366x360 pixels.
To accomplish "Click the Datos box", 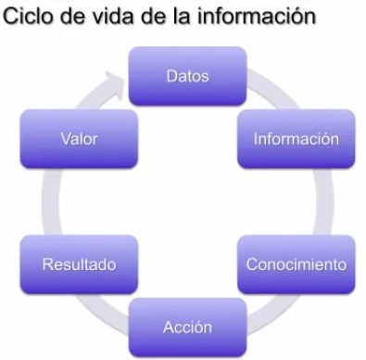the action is point(187,75).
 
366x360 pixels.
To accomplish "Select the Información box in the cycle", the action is point(296,139).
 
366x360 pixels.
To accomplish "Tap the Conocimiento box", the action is point(296,264).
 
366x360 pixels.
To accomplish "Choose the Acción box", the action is point(187,328).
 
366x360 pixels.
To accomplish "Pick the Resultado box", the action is point(79,264).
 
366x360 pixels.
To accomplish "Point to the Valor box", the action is point(79,139).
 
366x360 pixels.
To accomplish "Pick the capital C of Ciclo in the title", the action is point(12,17).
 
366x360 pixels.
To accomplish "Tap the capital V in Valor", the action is point(65,139).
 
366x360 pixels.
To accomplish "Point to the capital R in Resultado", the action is point(48,264).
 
